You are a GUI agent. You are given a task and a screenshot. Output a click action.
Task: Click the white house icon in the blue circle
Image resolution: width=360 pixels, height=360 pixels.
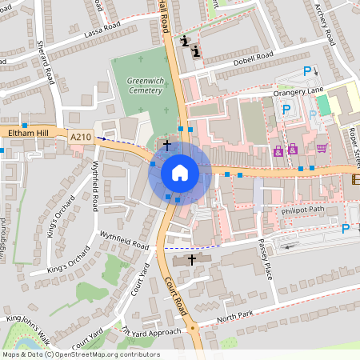(x=179, y=173)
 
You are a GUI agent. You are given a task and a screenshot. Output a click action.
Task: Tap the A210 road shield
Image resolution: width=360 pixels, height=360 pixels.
(x=80, y=137)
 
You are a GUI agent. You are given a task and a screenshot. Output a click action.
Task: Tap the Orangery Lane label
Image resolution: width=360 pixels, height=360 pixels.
(x=298, y=92)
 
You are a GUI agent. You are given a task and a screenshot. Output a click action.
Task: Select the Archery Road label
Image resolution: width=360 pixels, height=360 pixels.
(x=326, y=24)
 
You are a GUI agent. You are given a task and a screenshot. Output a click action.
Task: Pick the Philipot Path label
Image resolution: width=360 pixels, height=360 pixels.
(x=303, y=210)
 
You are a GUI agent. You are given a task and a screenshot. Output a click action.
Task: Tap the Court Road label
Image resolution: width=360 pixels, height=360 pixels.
(x=178, y=294)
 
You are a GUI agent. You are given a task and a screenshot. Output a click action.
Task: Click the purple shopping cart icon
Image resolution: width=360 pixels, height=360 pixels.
(x=321, y=148)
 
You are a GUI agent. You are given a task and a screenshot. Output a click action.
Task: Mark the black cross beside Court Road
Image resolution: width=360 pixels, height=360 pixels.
(x=191, y=260)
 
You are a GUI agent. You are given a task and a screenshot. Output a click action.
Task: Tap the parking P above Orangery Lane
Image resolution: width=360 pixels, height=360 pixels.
(x=307, y=72)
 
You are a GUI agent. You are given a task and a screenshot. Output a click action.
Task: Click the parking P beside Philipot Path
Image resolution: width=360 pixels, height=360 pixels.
(x=346, y=229)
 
